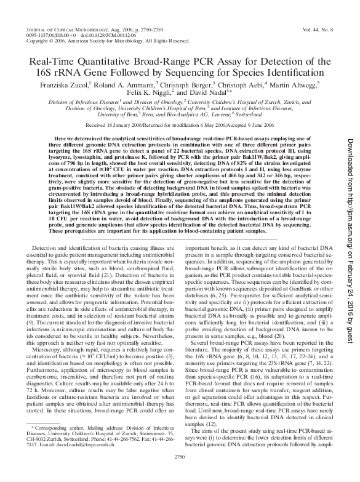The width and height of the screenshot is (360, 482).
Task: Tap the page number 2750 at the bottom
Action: pos(180,473)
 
